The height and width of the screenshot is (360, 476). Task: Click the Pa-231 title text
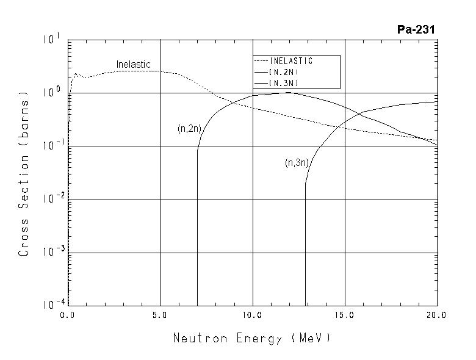(416, 29)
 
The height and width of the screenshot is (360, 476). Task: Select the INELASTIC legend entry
(290, 61)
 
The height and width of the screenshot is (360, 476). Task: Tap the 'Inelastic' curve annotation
(133, 65)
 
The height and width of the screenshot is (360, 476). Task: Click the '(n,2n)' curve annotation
(189, 129)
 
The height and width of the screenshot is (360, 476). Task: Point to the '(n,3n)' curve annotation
(297, 163)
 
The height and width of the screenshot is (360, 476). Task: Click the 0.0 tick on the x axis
(68, 315)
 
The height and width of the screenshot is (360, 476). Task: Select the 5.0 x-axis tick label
(160, 315)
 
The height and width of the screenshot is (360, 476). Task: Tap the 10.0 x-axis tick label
(252, 315)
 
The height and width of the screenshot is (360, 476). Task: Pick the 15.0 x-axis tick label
(345, 315)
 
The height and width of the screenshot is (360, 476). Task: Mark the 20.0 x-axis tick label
(436, 315)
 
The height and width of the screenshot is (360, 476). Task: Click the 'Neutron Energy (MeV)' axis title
(251, 337)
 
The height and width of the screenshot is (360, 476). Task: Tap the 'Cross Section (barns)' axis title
(24, 174)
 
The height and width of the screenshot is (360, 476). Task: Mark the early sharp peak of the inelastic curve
(76, 74)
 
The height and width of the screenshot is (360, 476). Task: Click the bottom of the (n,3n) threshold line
(305, 198)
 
